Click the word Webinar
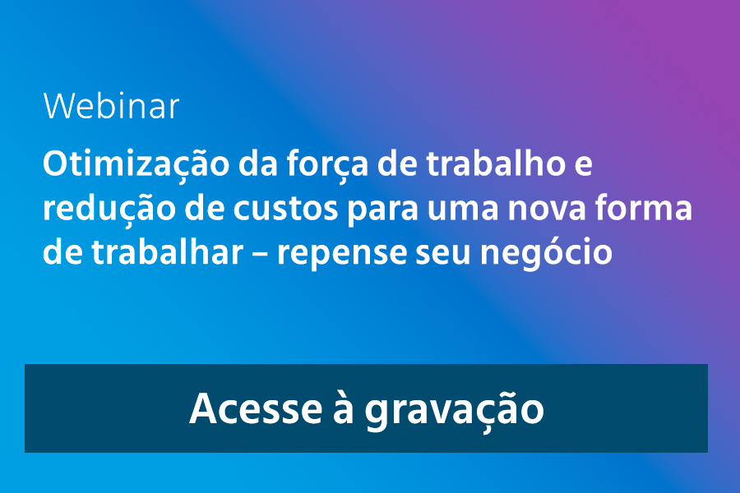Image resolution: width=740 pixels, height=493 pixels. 111,106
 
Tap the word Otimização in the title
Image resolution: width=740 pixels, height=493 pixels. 136,164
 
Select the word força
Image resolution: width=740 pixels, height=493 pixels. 327,164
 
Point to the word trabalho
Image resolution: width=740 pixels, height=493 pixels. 496,164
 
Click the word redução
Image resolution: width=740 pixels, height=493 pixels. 109,209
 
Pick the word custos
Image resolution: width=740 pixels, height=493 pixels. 285,209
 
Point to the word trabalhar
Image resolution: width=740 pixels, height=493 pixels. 168,252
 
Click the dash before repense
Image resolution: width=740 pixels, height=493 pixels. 260,256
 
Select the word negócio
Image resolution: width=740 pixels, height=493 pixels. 546,253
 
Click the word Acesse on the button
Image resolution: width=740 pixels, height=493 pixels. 256,408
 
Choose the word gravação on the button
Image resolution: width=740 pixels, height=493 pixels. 454,409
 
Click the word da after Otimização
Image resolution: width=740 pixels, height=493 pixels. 257,164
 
